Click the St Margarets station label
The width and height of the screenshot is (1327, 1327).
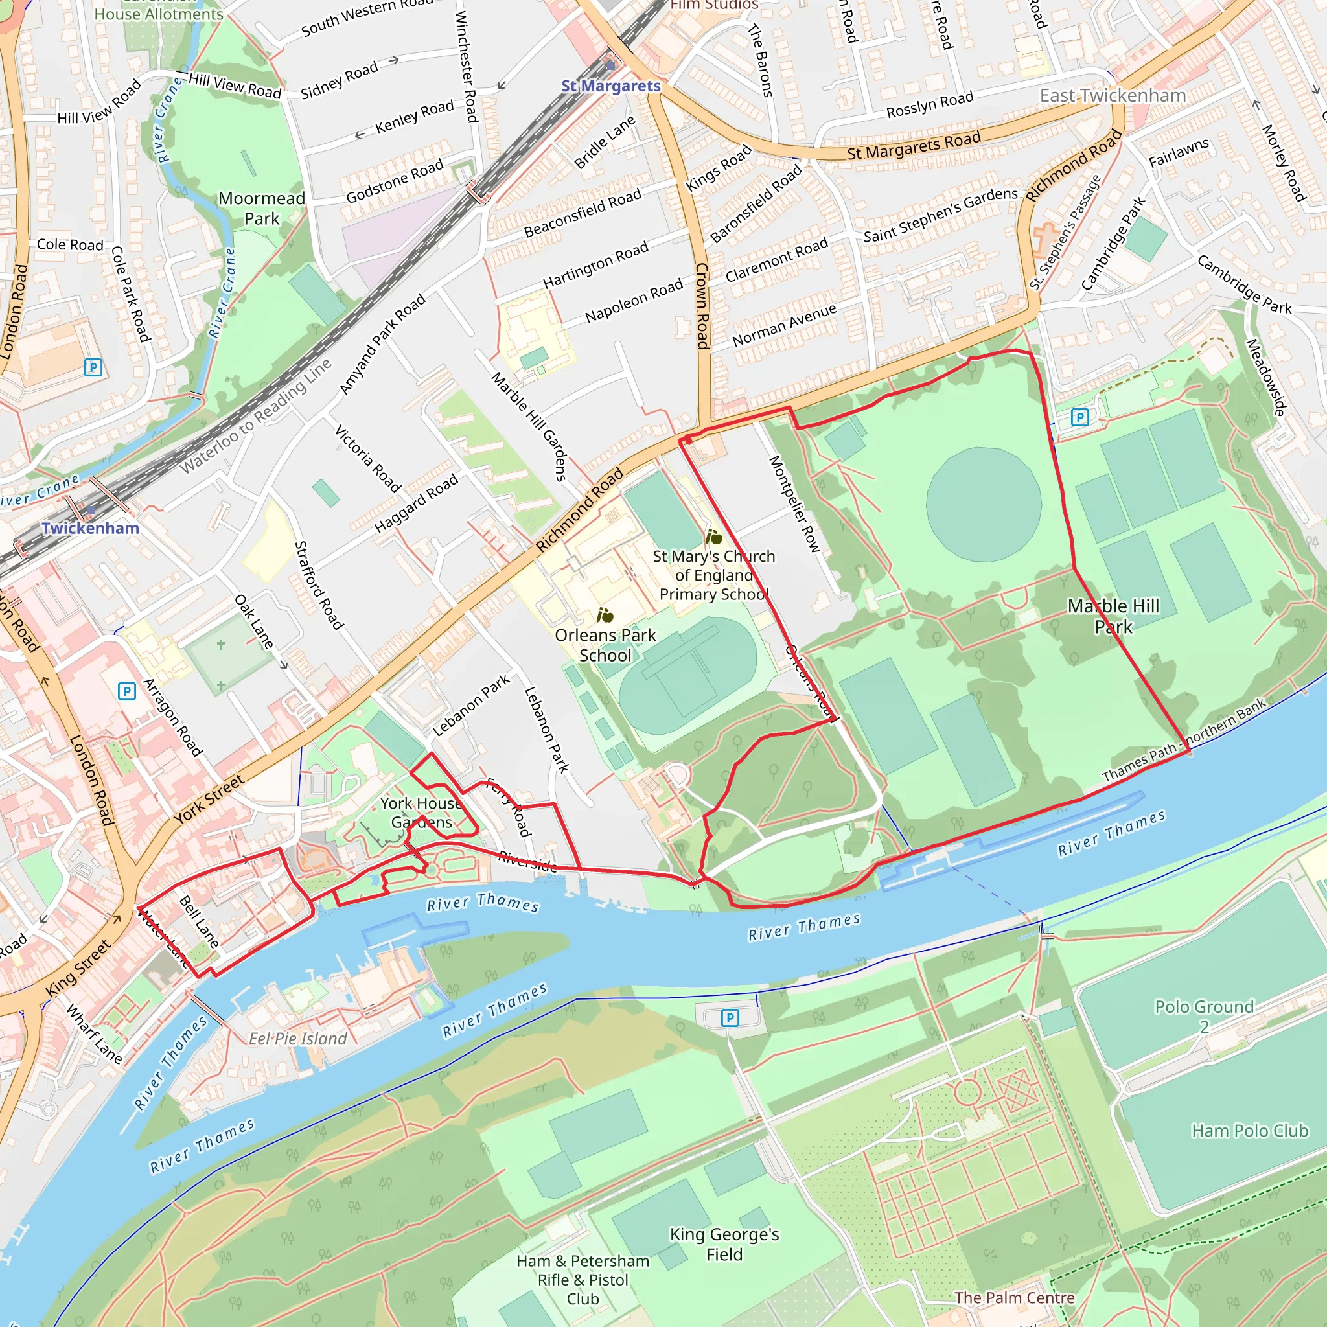click(x=610, y=86)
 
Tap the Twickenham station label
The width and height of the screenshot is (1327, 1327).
click(x=90, y=528)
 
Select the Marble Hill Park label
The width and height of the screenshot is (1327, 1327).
click(x=1113, y=616)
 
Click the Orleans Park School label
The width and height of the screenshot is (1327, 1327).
click(x=605, y=645)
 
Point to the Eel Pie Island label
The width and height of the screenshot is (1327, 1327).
click(x=297, y=1039)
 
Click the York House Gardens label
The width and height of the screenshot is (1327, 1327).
click(x=421, y=813)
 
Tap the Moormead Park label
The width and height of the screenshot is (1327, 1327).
click(x=262, y=208)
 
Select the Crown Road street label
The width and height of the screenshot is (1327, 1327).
click(x=702, y=306)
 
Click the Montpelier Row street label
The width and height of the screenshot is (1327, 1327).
click(x=793, y=503)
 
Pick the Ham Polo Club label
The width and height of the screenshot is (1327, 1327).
click(x=1249, y=1131)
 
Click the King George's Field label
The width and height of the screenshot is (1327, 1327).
click(x=724, y=1244)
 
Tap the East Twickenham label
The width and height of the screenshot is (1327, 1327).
click(x=1113, y=95)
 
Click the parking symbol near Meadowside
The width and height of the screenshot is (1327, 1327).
click(x=1079, y=417)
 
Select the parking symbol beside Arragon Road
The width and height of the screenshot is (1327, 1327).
click(x=126, y=691)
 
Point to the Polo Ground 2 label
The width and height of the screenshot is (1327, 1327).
click(x=1204, y=1016)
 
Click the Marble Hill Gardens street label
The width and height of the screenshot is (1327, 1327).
click(x=529, y=426)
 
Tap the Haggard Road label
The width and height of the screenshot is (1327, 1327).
click(x=416, y=504)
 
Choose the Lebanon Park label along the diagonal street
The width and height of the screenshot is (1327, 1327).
click(x=471, y=706)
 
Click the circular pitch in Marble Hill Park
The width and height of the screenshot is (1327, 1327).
click(x=983, y=505)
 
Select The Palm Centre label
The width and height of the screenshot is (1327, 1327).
click(x=1014, y=1297)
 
